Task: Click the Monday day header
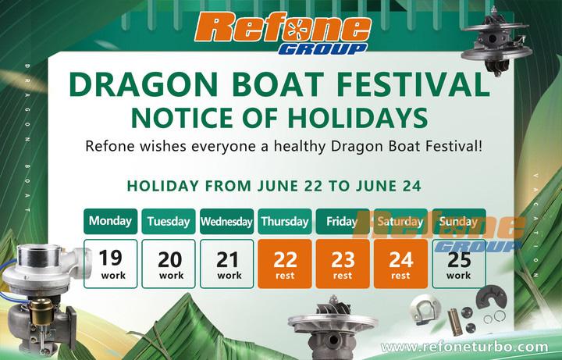pos(110,221)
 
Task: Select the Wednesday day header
pos(226,221)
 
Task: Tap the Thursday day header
pos(285,221)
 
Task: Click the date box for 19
pos(110,264)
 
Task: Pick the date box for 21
pos(226,264)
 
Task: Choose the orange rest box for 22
pos(285,264)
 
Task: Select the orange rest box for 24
pos(400,264)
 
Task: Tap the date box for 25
pos(459,264)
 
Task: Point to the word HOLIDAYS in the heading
pos(357,118)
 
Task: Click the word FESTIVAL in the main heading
pos(413,84)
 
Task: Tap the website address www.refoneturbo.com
pos(464,347)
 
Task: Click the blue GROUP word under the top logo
pos(322,48)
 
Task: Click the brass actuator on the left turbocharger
pos(41,311)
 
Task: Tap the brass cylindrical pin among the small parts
pos(455,322)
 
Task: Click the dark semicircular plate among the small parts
pos(492,296)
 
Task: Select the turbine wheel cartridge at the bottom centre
pos(333,328)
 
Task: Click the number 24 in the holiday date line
pos(411,186)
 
